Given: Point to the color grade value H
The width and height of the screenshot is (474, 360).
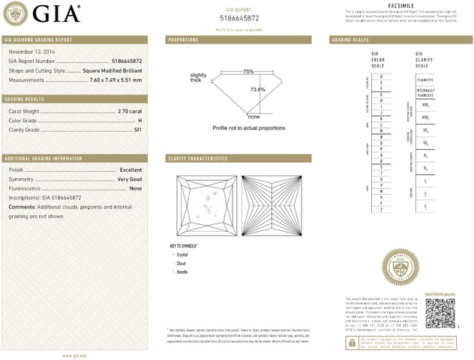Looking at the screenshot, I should tap(139, 120).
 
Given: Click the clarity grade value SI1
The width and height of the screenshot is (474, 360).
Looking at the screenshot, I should tap(137, 130).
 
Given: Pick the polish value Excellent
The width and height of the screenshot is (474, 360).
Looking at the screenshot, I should tap(130, 170).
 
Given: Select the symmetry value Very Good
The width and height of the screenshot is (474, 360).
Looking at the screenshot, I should tap(129, 179).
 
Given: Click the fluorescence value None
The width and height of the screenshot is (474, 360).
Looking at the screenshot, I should tap(136, 188).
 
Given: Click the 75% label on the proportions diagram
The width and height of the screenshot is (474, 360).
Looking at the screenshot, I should tap(248, 71).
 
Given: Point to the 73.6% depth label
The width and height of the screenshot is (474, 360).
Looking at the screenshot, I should tap(257, 89).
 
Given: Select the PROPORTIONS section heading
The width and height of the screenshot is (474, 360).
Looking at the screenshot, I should tap(183, 39).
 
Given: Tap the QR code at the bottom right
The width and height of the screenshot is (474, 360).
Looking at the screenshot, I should tap(440, 313).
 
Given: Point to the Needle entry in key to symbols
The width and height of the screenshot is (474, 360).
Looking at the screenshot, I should tap(182, 271).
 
